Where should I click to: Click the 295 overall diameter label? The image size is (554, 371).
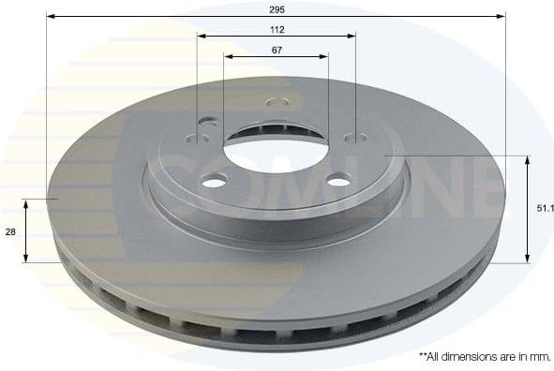276,8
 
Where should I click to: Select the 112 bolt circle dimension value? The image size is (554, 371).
276,29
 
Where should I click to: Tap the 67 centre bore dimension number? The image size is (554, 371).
276,50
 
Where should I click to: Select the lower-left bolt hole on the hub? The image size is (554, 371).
214,182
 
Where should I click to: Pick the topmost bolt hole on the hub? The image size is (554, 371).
276,100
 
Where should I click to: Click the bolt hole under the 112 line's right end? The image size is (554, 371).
355,139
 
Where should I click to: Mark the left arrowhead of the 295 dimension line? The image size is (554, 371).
51,16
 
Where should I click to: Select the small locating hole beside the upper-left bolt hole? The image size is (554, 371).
209,120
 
